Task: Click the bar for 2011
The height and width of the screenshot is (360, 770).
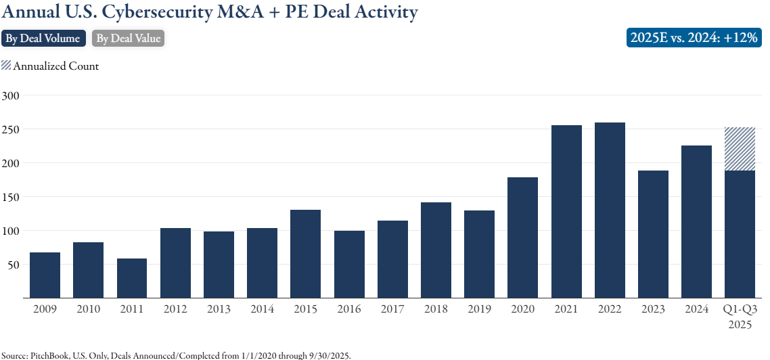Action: (x=132, y=277)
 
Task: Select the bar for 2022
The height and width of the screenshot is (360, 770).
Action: (x=610, y=210)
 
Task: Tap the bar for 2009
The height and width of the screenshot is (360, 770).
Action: (x=45, y=275)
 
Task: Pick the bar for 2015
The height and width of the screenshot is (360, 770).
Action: (x=306, y=254)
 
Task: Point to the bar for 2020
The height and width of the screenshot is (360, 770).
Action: (x=523, y=237)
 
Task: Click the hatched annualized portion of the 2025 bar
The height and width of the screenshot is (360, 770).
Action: (x=740, y=149)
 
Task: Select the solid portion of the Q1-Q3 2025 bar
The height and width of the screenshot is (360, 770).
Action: (x=740, y=233)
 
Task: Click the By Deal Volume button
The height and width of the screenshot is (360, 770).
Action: (x=43, y=39)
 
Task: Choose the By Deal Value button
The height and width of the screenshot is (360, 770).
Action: (x=128, y=39)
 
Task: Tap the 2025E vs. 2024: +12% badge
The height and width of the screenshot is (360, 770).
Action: (x=694, y=38)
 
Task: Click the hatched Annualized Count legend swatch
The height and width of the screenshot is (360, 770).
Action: (x=6, y=66)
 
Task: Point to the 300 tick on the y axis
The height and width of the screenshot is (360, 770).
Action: (x=10, y=95)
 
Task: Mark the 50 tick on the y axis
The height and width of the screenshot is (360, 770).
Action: (x=13, y=265)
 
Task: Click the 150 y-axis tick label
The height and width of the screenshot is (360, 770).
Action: (x=10, y=197)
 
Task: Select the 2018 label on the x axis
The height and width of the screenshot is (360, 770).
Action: (x=436, y=309)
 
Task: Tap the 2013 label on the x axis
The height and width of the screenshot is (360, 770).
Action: (x=219, y=309)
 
